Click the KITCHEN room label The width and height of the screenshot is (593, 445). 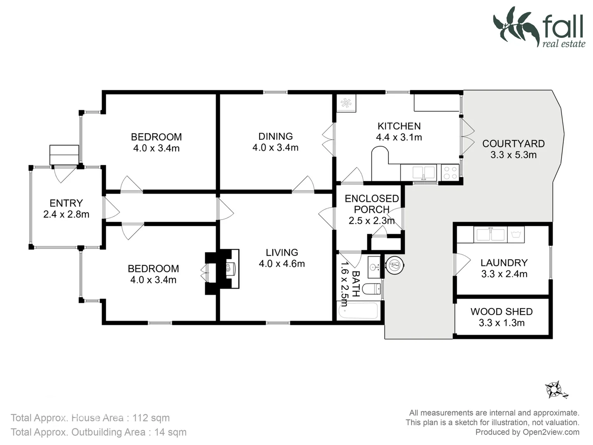399,126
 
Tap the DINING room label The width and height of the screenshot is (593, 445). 275,136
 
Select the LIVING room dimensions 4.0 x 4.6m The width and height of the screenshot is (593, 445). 282,264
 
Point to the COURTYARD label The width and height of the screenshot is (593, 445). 513,144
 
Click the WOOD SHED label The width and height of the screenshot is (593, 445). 502,312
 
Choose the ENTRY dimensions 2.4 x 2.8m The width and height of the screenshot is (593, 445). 66,214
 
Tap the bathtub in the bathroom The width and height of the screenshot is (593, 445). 358,311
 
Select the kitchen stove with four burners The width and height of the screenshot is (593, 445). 450,173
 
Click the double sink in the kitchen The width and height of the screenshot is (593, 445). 424,173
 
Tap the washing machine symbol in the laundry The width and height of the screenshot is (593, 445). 516,234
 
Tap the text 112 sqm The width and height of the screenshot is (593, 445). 151,418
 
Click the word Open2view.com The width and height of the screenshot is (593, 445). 551,432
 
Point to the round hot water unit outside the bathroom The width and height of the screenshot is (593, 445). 395,265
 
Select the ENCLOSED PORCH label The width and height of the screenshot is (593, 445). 372,204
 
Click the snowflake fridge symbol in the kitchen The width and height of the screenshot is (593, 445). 346,103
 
